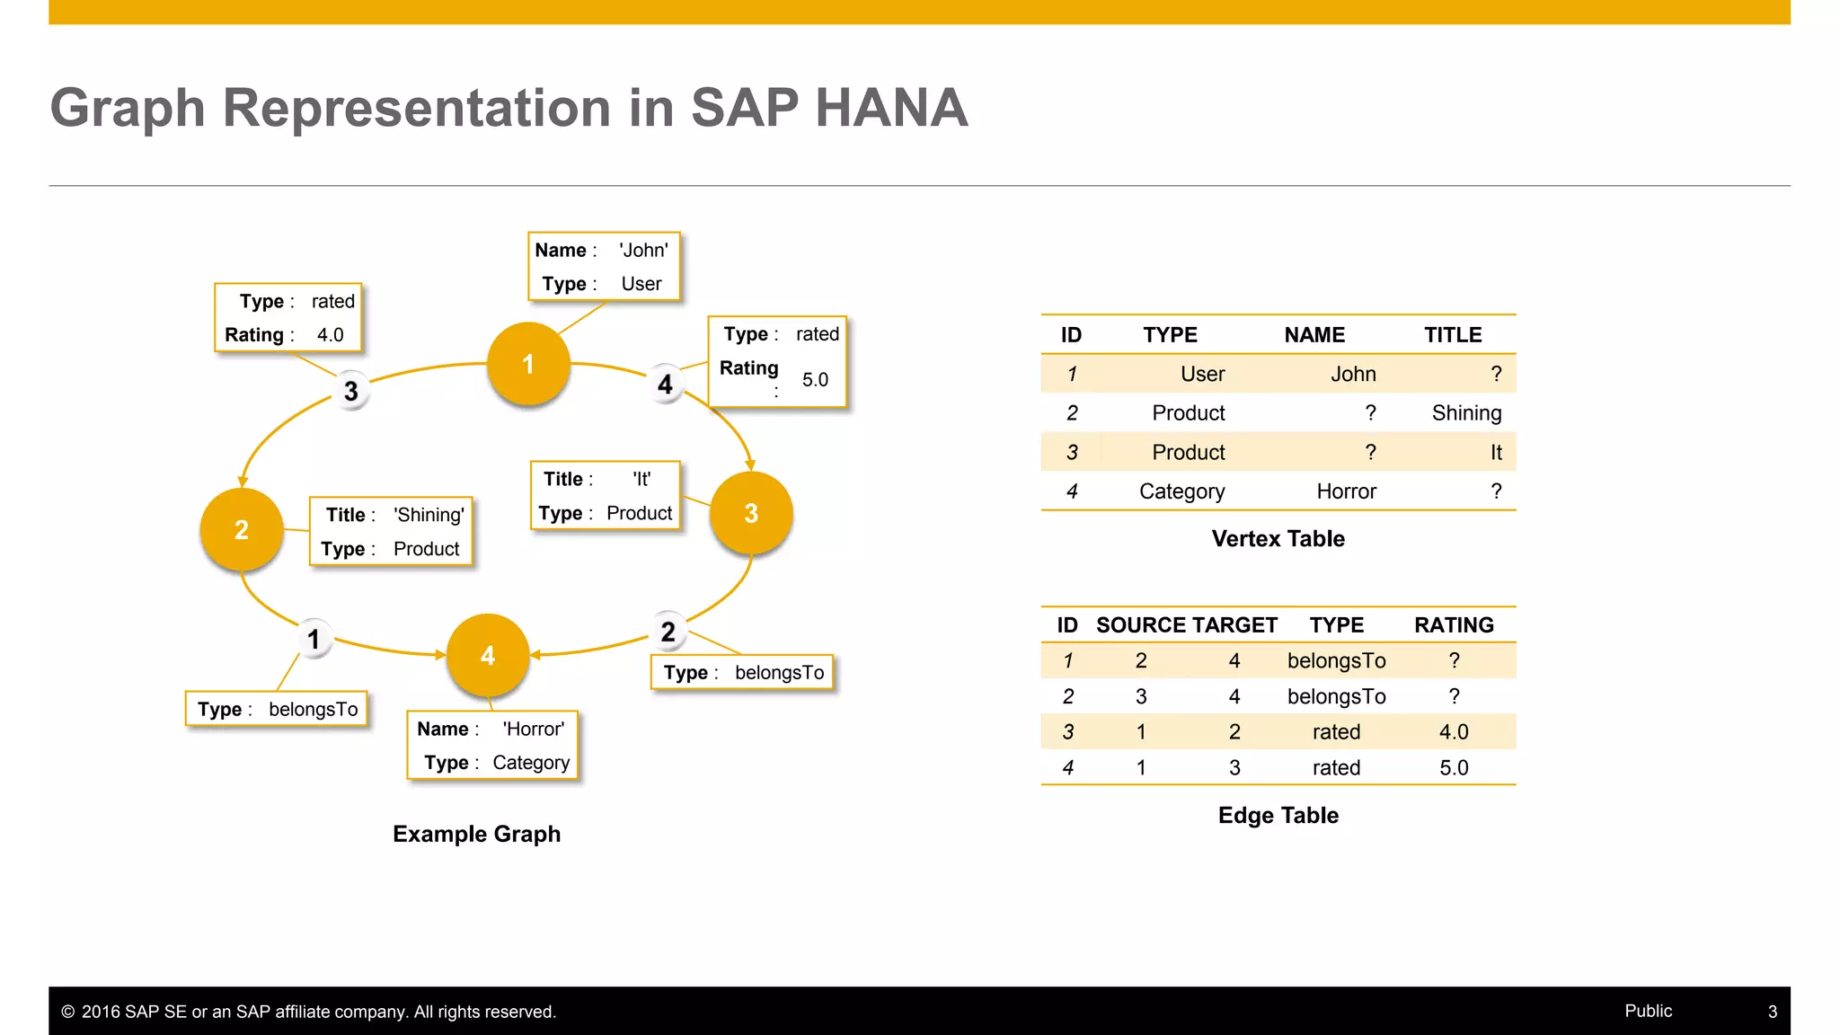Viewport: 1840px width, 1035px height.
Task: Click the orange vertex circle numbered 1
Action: coord(528,364)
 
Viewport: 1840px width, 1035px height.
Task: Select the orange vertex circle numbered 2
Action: coord(241,530)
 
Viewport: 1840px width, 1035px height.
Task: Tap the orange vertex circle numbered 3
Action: coord(751,513)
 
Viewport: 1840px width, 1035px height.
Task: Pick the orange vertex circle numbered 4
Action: coord(487,656)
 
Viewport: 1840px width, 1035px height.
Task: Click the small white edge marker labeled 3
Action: coord(351,391)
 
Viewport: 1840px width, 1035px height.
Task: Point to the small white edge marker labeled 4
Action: coord(665,385)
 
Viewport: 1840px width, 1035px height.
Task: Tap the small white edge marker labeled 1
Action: coord(314,639)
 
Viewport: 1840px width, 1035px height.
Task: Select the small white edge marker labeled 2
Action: coord(668,632)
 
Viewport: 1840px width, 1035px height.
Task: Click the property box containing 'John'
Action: coord(603,267)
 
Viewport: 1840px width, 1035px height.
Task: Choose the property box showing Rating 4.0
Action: coord(288,318)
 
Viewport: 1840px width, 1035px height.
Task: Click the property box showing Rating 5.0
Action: coord(777,361)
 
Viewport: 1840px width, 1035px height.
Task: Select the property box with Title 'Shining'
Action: coord(391,531)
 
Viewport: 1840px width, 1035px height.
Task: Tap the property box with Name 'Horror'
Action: coord(492,746)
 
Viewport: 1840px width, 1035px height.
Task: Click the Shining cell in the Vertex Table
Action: coord(1466,413)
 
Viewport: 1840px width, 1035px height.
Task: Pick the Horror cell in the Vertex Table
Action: coord(1346,491)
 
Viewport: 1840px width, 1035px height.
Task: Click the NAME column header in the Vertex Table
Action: coord(1314,335)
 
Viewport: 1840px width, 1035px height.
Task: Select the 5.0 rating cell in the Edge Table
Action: coord(1454,768)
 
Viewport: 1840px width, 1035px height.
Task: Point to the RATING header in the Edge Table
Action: coord(1454,625)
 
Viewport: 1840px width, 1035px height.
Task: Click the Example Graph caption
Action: coord(476,834)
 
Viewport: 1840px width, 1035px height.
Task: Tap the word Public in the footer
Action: coord(1648,1011)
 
